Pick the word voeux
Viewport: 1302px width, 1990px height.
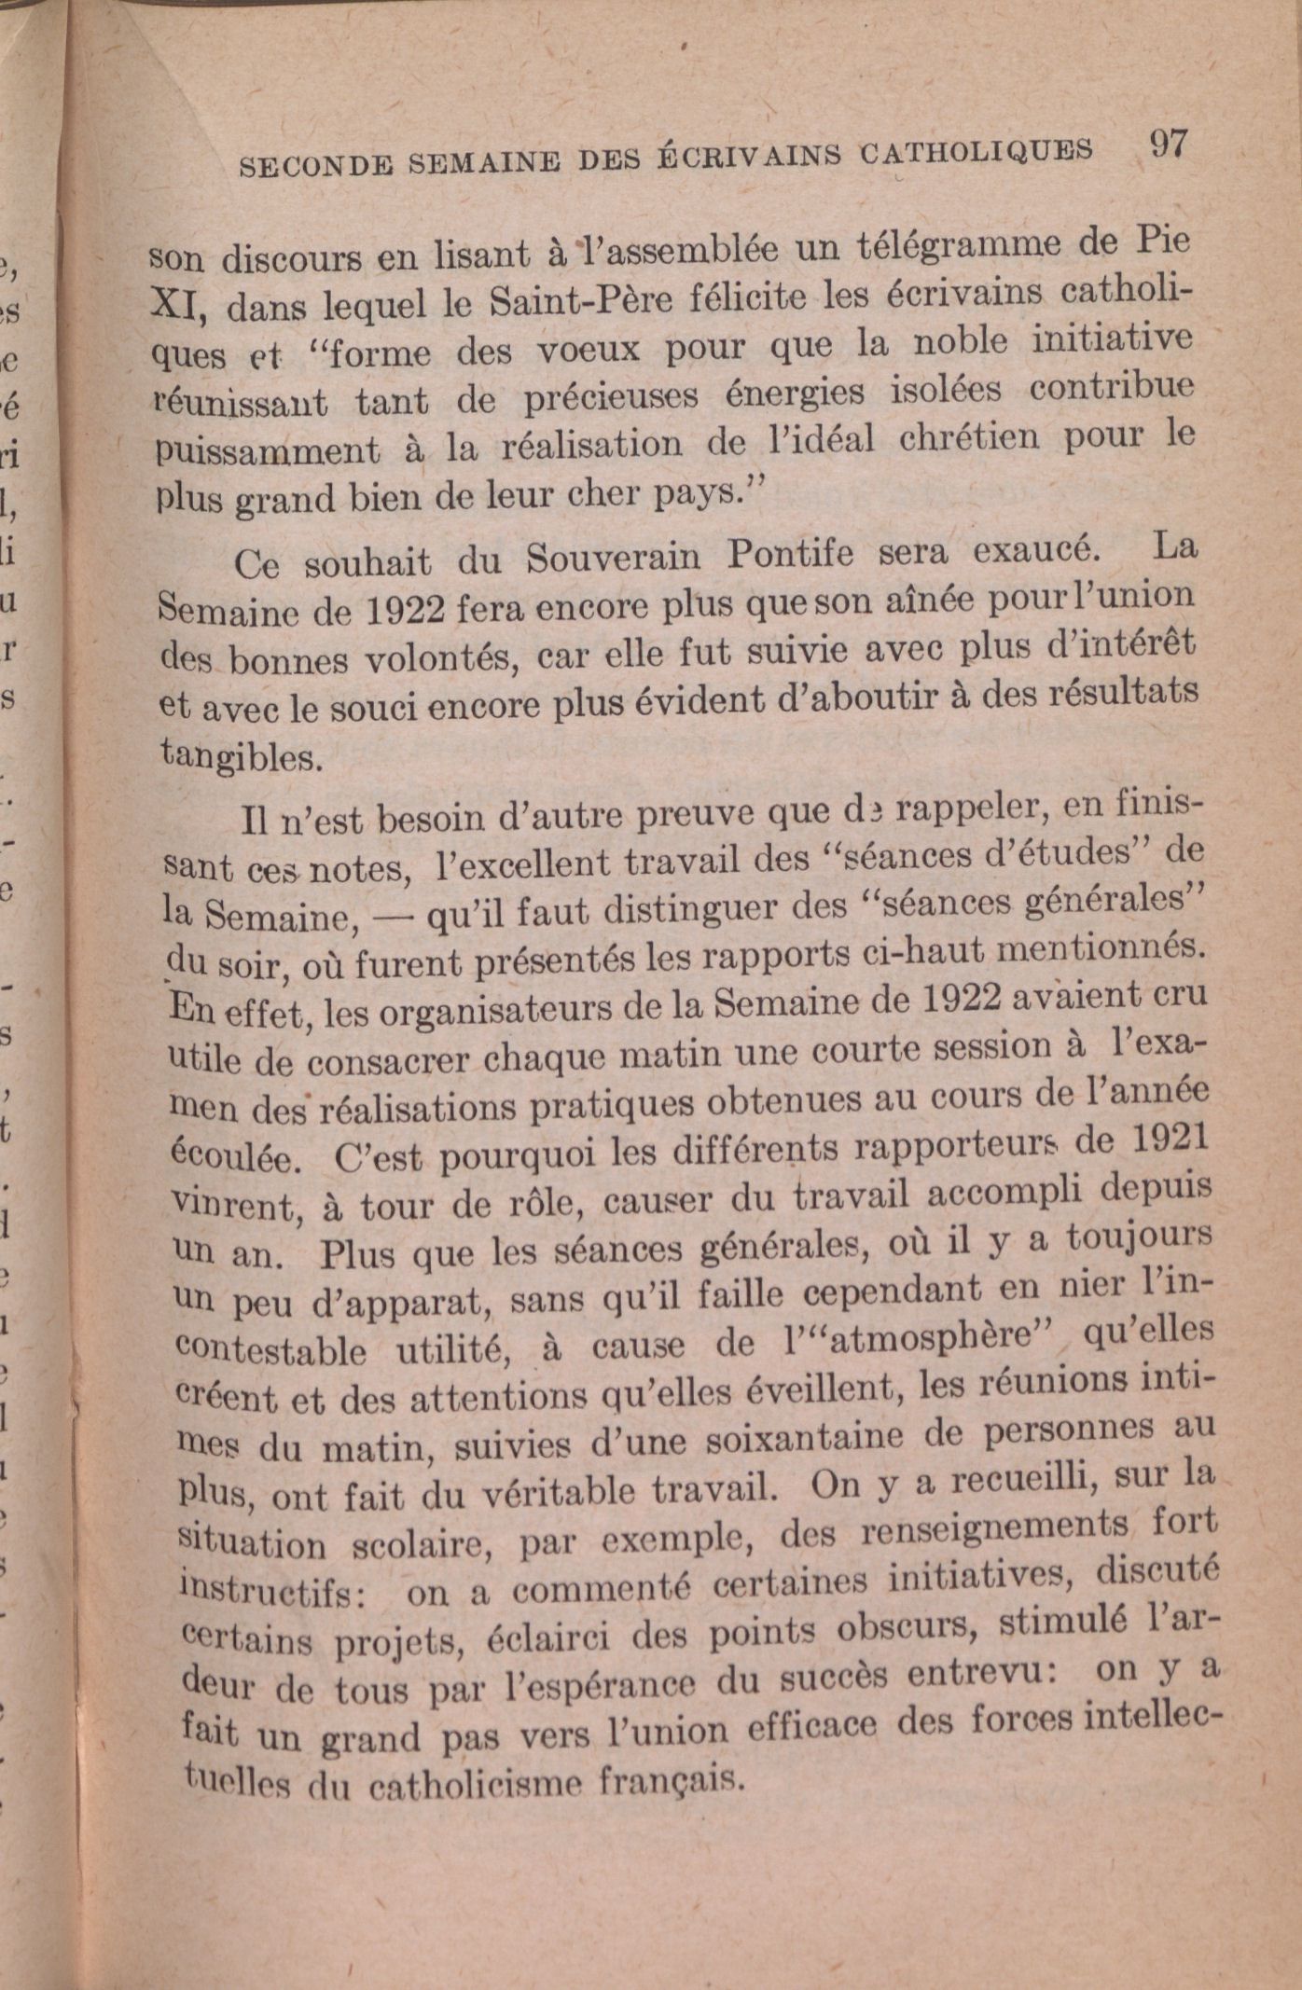tap(589, 351)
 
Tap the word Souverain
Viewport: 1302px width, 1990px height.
tap(613, 558)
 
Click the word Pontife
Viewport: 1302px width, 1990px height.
tap(791, 554)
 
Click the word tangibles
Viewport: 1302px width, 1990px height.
tap(242, 755)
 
